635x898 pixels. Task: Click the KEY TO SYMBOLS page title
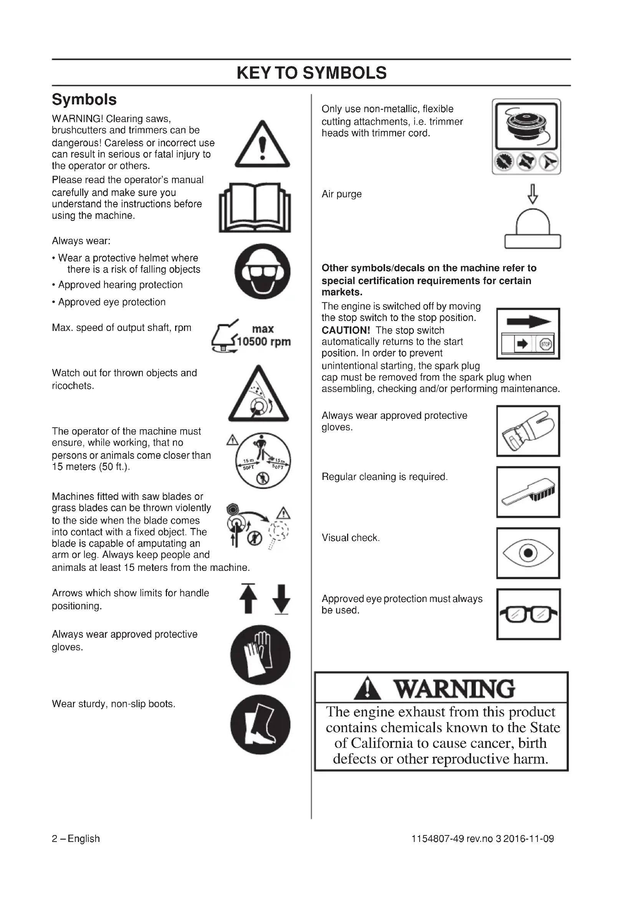tap(312, 73)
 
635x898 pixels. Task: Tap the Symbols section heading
tap(84, 99)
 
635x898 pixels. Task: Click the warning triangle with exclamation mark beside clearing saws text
tap(262, 145)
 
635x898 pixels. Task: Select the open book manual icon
tap(255, 207)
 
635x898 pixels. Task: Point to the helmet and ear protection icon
tap(262, 271)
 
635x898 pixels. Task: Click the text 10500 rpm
tap(263, 341)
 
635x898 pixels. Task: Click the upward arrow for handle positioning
tap(248, 599)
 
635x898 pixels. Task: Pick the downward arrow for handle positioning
tap(281, 599)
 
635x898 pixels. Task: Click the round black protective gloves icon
tap(260, 655)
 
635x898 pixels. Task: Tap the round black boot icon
tap(260, 724)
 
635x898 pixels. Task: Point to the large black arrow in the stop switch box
tap(529, 322)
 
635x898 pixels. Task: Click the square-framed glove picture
tap(528, 431)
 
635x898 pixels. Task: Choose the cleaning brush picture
tap(528, 492)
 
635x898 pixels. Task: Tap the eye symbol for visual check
tap(528, 553)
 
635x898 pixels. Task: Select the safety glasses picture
tap(528, 614)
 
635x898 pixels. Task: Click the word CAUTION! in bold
tap(346, 330)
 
